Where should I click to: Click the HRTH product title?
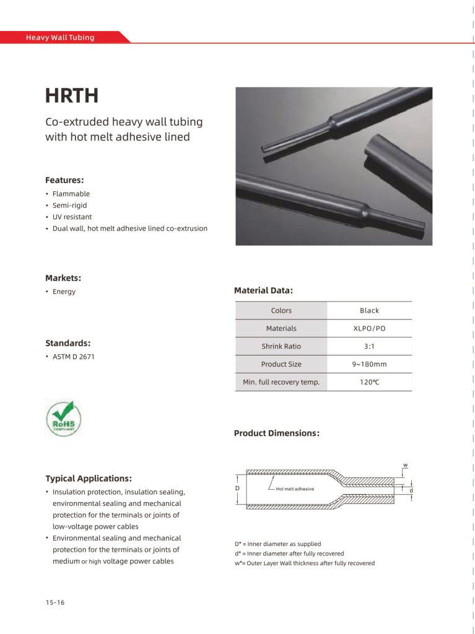tap(72, 97)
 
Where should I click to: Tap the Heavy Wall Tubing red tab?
tap(60, 38)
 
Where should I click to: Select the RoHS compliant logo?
tap(63, 419)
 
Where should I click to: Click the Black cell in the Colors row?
tap(369, 311)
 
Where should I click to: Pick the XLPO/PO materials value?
tap(369, 329)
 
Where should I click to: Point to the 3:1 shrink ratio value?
tap(369, 347)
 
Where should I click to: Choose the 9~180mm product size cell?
tap(369, 365)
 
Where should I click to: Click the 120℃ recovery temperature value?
tap(369, 383)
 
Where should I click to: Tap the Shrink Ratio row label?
tap(281, 347)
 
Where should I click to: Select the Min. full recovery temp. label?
tap(281, 383)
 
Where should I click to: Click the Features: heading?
tap(64, 180)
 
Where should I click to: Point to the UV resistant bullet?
tap(72, 217)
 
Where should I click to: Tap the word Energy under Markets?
tap(64, 292)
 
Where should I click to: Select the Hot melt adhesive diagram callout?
tap(295, 489)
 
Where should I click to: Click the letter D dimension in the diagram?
tap(237, 489)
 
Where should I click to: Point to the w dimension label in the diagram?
tap(405, 465)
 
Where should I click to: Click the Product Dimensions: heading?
tap(276, 433)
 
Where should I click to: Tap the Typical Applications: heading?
tap(89, 479)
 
